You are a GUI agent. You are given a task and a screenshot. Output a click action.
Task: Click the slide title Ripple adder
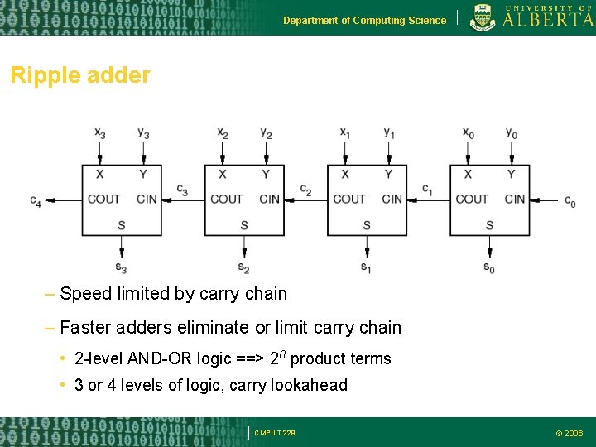point(80,75)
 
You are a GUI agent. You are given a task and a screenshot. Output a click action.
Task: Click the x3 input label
point(99,132)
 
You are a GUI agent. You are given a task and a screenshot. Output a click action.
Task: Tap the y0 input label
point(512,132)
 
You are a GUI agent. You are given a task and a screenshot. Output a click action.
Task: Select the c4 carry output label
point(36,201)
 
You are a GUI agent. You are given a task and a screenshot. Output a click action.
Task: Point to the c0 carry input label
point(570,201)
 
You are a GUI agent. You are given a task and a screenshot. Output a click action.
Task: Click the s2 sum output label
point(243,267)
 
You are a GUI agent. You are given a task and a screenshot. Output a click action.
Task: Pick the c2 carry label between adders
point(305,190)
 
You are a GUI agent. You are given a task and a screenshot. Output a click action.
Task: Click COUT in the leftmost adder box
point(103,199)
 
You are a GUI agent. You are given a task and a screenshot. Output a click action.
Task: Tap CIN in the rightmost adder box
point(514,199)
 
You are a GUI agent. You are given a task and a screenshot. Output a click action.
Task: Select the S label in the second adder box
point(243,225)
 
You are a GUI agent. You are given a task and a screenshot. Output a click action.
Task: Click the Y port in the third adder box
point(388,174)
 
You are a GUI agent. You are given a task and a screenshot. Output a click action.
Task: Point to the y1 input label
point(389,132)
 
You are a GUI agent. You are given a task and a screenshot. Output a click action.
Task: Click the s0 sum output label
point(489,267)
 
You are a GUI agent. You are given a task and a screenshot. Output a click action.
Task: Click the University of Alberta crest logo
point(483,17)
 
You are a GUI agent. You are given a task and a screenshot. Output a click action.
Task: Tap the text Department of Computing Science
point(364,21)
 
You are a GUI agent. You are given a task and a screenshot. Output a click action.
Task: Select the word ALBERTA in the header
point(548,21)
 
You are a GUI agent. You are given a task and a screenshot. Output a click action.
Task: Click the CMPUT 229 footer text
point(275,433)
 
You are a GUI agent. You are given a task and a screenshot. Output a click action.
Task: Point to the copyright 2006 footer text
point(569,433)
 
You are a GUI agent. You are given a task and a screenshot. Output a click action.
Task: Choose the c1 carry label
point(427,190)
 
